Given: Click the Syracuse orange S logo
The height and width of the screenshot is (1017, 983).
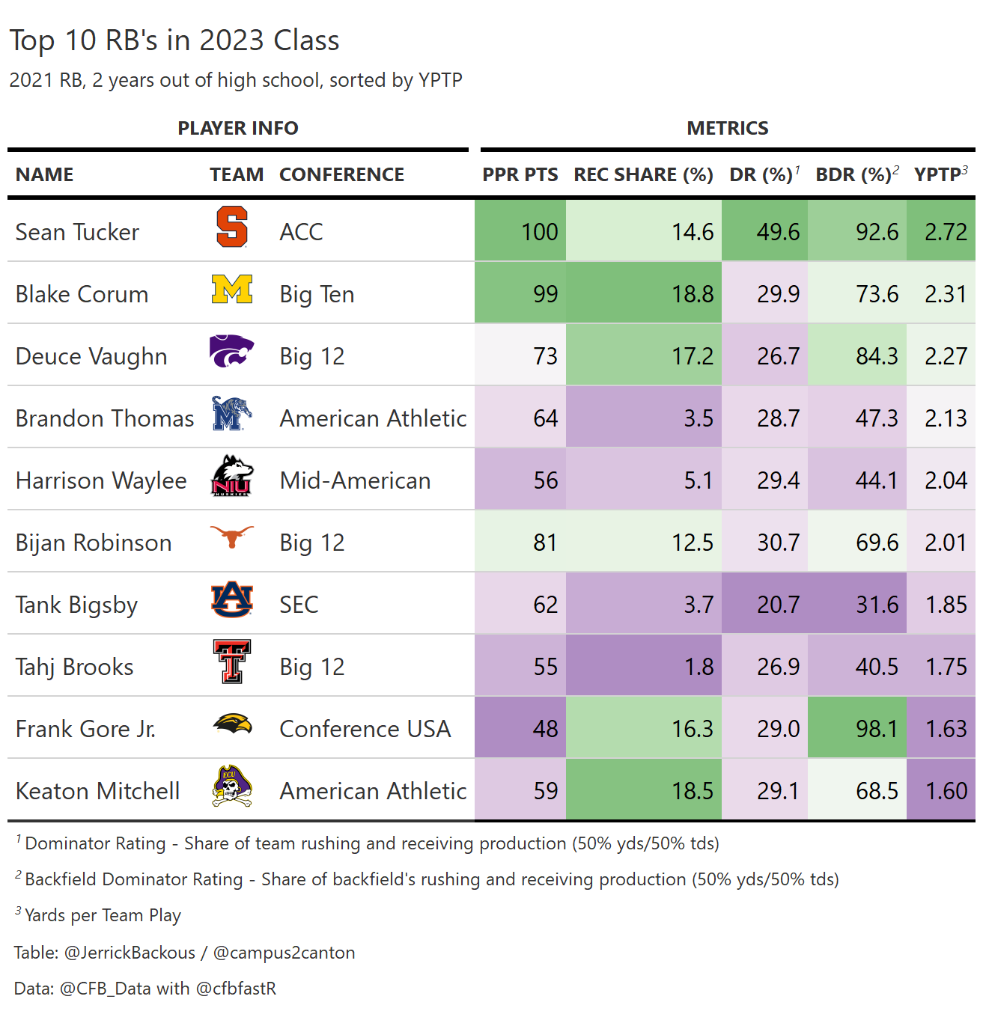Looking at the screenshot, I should coord(232,227).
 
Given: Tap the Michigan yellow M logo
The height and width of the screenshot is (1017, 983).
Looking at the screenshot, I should coord(232,290).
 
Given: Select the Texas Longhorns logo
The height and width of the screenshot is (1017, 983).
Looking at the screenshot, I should coord(232,536).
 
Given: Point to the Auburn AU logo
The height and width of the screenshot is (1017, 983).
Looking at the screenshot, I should coord(232,599).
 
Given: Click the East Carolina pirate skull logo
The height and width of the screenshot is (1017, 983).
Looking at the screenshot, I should coord(232,787).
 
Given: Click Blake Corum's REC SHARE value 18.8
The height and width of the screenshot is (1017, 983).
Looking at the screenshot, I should coord(693,294).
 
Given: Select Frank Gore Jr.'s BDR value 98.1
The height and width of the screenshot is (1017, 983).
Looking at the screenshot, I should coord(877,729).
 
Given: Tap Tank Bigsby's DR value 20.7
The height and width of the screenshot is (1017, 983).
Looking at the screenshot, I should coord(778,605).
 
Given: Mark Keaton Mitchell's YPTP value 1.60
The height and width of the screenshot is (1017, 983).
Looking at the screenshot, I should coord(946,791).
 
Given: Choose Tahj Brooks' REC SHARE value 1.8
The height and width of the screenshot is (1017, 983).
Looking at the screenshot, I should coord(699,667).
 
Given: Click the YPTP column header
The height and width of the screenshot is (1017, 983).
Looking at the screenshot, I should coord(939,175).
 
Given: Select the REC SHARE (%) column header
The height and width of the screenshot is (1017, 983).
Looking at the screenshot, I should coord(643,175).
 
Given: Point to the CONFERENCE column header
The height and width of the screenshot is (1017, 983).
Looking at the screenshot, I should coord(341,175).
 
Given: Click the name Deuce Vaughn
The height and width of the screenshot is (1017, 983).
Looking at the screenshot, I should coord(91,356).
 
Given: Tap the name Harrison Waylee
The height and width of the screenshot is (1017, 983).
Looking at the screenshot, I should coord(101,480).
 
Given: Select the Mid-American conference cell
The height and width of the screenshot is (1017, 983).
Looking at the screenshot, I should coord(355,480).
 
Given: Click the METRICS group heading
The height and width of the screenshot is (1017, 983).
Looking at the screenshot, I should coord(727,128).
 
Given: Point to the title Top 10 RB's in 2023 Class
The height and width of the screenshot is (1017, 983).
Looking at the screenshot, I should coord(174,40).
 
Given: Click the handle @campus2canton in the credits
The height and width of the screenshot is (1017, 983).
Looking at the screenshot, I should coord(284,953).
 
